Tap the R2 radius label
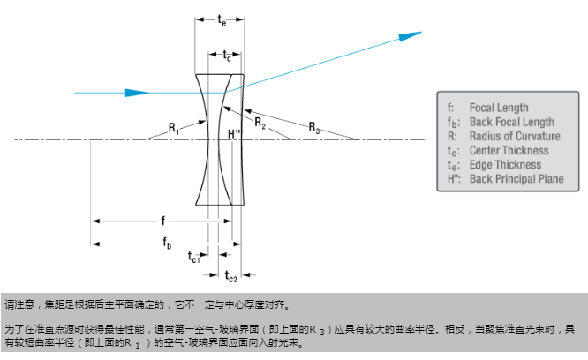(260, 124)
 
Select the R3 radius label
(314, 129)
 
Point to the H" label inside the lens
(234, 134)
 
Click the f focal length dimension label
(162, 220)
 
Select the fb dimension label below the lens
(168, 241)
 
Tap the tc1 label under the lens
(194, 257)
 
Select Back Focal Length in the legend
(512, 122)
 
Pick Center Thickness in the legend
(509, 150)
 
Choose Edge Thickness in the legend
(505, 164)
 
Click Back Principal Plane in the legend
(516, 179)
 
